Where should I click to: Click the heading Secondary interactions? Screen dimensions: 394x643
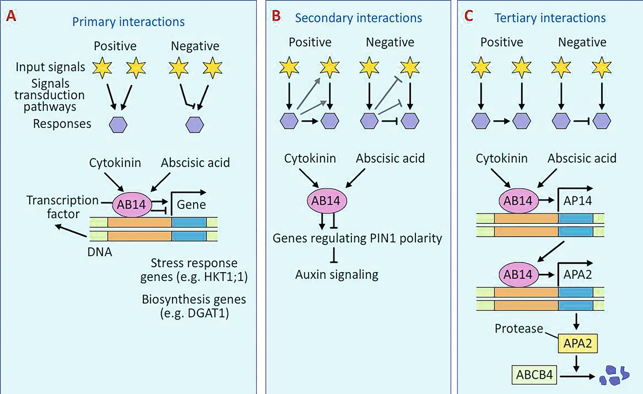click(x=359, y=18)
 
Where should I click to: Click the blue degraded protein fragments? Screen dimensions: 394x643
click(x=614, y=375)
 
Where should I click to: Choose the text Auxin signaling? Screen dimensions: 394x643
click(x=336, y=274)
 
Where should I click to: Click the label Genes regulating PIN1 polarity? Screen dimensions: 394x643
click(x=357, y=239)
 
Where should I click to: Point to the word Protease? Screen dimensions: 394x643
click(x=518, y=328)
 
